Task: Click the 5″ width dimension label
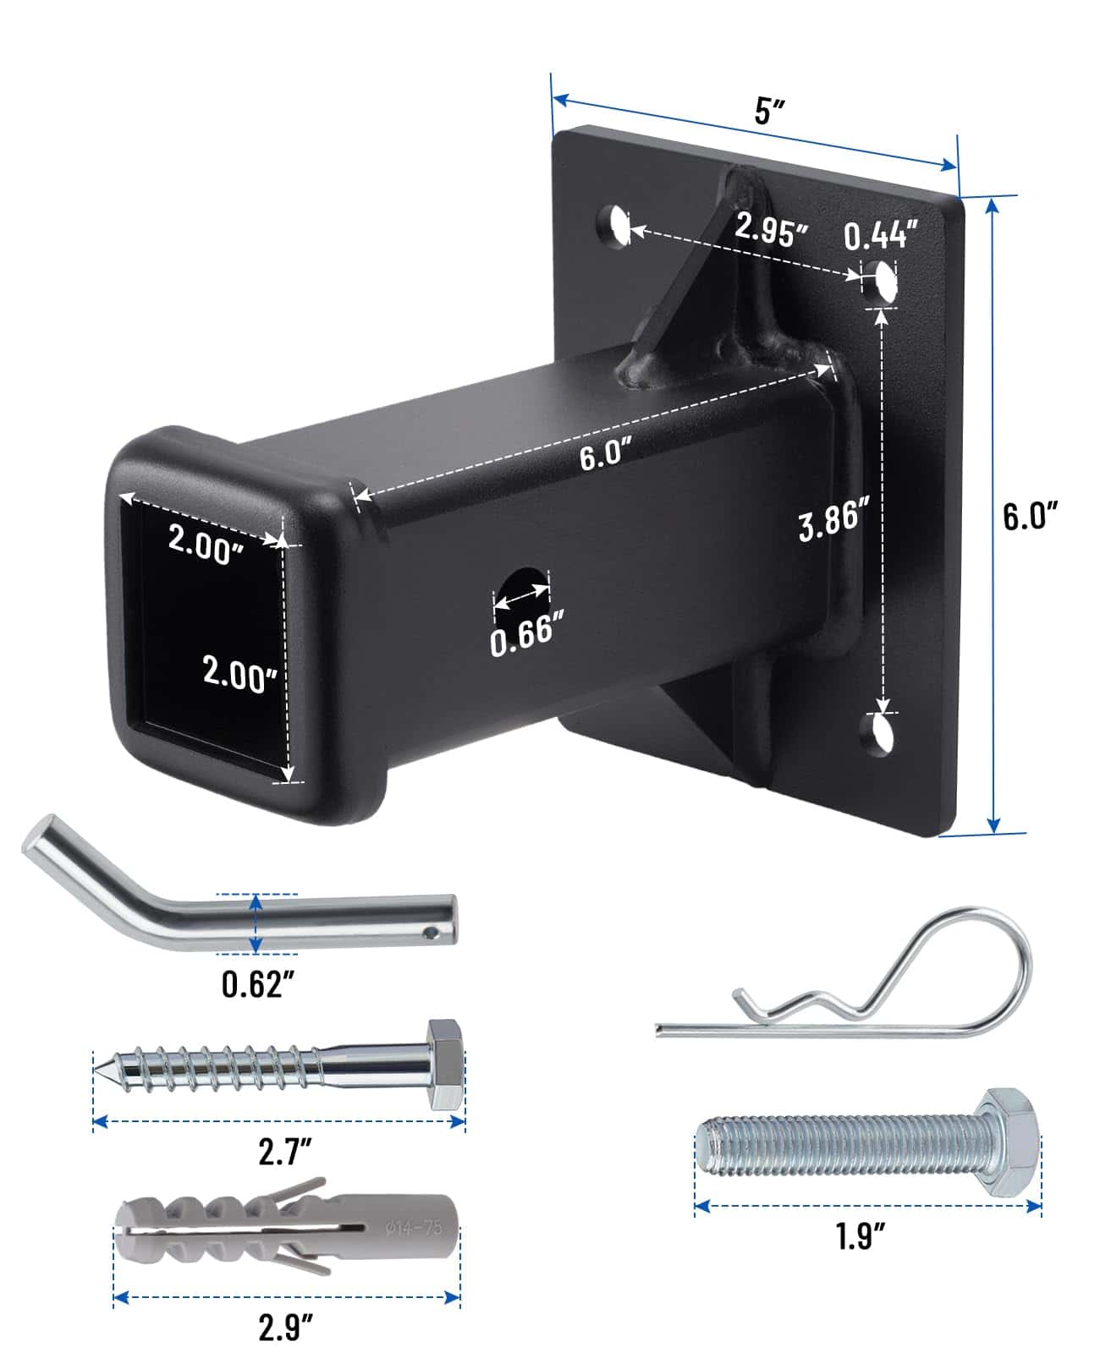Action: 769,111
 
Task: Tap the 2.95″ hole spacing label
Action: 771,229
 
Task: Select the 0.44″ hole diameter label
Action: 881,234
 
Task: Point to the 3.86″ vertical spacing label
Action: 833,519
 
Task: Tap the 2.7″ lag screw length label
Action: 284,1151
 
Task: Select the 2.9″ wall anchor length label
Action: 286,1326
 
